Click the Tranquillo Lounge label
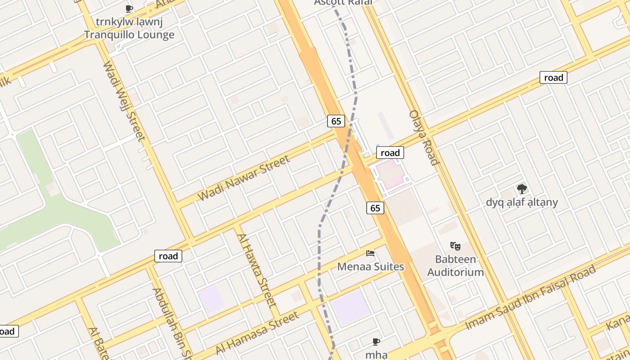point(129,35)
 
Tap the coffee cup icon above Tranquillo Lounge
point(129,8)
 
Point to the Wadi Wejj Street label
point(124,101)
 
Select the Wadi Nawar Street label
point(243,178)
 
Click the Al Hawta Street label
point(256,270)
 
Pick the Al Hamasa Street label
point(257,333)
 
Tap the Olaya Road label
point(423,137)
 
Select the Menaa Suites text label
point(371,266)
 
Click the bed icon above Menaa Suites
point(370,253)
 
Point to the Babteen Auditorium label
point(455,265)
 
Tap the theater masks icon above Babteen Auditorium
point(455,246)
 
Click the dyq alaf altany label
point(522,202)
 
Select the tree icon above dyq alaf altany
point(522,189)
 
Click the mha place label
point(376,355)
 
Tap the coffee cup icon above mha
point(376,342)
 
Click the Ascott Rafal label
point(343,2)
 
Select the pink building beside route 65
point(390,175)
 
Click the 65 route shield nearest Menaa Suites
point(375,207)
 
